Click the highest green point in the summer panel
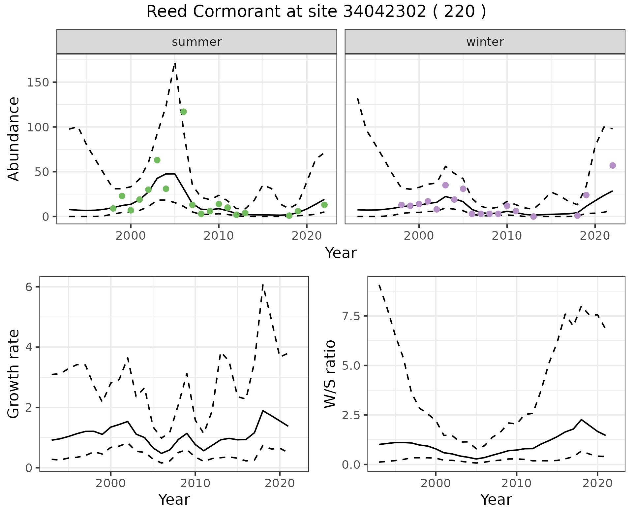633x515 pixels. tap(184, 112)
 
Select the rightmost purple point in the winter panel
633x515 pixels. tap(613, 165)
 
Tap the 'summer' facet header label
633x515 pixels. tap(197, 42)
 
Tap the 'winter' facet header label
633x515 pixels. tap(485, 42)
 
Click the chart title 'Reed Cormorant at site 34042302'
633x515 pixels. tap(316, 12)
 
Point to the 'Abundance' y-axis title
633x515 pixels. tap(14, 139)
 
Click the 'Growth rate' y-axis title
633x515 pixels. tap(14, 374)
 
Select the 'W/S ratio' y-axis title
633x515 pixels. tap(330, 374)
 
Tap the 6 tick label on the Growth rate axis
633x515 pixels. tap(29, 287)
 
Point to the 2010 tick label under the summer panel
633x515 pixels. tap(219, 236)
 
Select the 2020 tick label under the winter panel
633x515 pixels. tap(595, 236)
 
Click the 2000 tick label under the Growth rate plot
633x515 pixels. tap(111, 484)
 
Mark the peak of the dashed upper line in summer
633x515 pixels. tap(175, 63)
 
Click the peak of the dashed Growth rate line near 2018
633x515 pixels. tap(263, 284)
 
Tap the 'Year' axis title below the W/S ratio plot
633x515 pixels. tap(496, 499)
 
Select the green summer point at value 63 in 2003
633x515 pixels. tap(157, 160)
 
